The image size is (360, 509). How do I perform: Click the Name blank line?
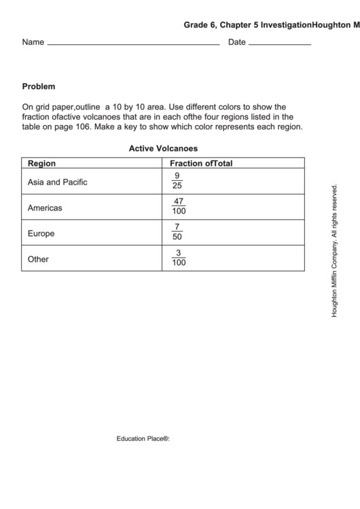click(x=133, y=44)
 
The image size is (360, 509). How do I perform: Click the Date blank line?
click(x=280, y=44)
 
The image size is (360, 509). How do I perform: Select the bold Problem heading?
click(x=39, y=87)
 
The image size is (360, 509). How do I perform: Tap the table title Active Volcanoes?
click(x=163, y=147)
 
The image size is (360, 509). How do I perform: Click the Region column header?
click(x=41, y=164)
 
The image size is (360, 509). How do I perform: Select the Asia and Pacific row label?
click(x=57, y=182)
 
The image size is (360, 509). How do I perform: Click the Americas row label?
click(x=45, y=208)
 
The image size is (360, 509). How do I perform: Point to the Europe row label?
click(x=41, y=234)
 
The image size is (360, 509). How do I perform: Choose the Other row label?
click(x=38, y=259)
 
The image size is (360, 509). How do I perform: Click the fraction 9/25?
click(x=177, y=181)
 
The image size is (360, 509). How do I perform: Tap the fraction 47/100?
click(x=179, y=207)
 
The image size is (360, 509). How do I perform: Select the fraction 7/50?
click(x=177, y=232)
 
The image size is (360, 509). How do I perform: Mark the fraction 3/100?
click(x=179, y=258)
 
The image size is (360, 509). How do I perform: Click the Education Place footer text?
click(x=143, y=439)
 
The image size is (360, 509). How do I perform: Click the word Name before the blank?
click(x=33, y=42)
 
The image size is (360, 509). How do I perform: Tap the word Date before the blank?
click(x=237, y=42)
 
